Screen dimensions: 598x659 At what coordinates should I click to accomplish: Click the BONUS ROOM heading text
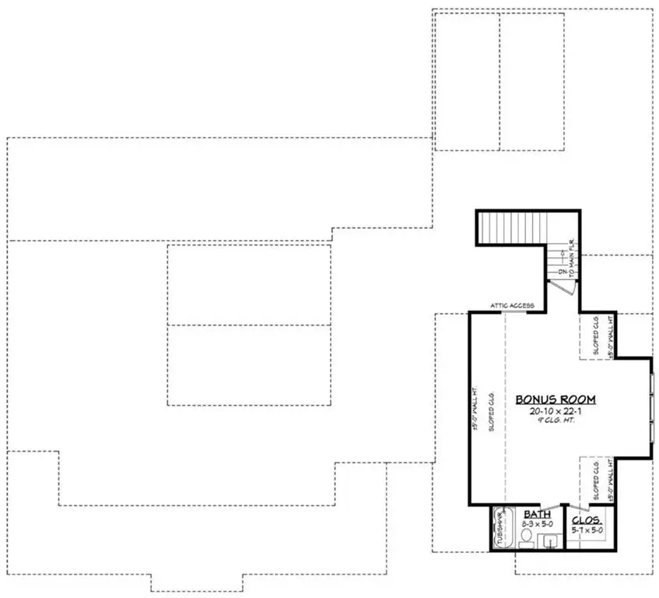coord(556,399)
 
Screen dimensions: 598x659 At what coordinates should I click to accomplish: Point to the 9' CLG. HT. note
coord(556,421)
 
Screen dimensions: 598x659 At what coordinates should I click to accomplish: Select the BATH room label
coord(537,515)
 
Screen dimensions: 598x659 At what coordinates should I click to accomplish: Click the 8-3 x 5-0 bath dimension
coord(537,524)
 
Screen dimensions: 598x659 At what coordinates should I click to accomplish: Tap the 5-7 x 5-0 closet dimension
coord(587,530)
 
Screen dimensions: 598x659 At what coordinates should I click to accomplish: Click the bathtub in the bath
coord(502,529)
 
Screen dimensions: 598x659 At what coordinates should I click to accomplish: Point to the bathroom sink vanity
coord(549,541)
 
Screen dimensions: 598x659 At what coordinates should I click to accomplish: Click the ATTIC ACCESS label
coord(511,306)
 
